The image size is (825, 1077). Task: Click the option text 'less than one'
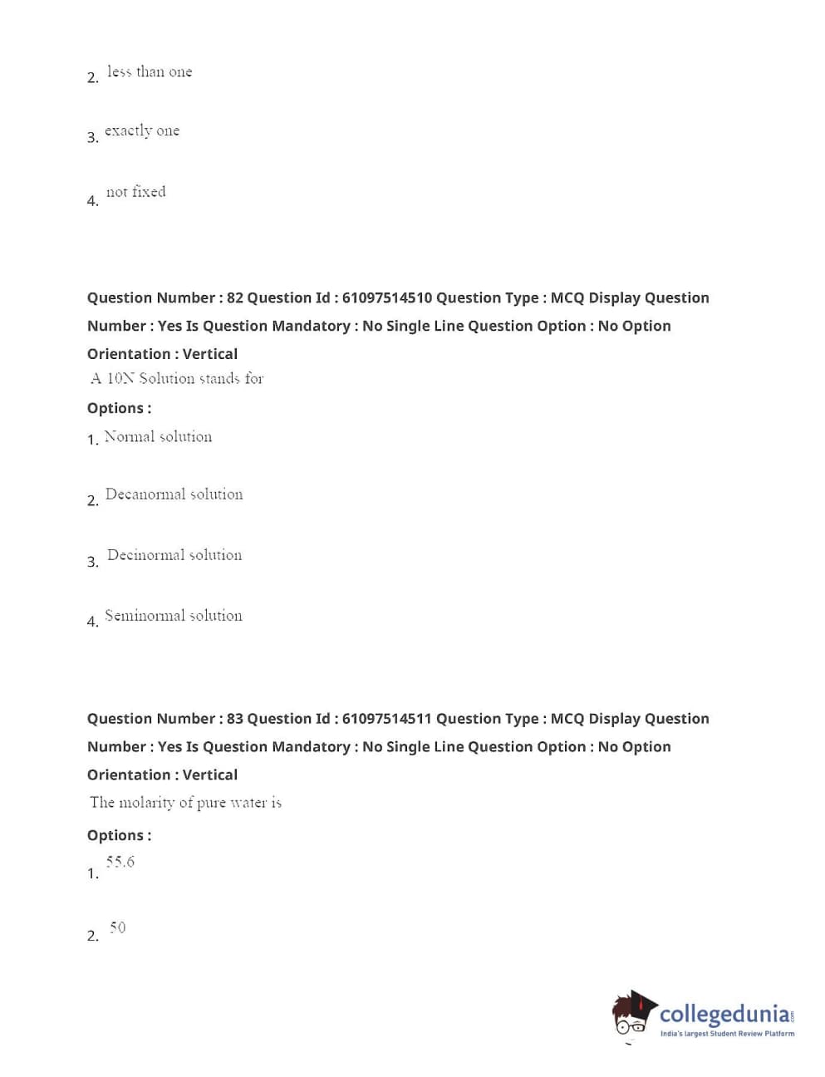coord(150,72)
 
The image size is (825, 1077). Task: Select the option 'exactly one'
coord(142,131)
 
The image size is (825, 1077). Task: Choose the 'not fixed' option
coord(135,192)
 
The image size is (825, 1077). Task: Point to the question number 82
coord(235,298)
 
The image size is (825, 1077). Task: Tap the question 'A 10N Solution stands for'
coord(177,379)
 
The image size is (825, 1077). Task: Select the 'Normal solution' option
coord(158,437)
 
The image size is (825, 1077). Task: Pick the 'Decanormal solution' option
coord(174,494)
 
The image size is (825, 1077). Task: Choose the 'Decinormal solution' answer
coord(174,555)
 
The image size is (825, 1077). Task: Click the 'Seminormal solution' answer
coord(174,616)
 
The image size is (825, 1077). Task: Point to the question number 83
coord(235,719)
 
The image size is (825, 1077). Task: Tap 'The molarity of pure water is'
coord(185,803)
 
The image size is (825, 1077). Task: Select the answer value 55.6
coord(120,862)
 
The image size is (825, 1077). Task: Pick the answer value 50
coord(117,927)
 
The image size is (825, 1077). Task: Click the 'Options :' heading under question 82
coord(119,408)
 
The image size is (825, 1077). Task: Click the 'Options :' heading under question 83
coord(119,835)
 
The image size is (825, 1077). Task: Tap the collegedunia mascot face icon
coord(633,1015)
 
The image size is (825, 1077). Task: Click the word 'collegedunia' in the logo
coord(724,1014)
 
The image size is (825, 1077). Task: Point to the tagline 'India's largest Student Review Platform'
coord(727,1034)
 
